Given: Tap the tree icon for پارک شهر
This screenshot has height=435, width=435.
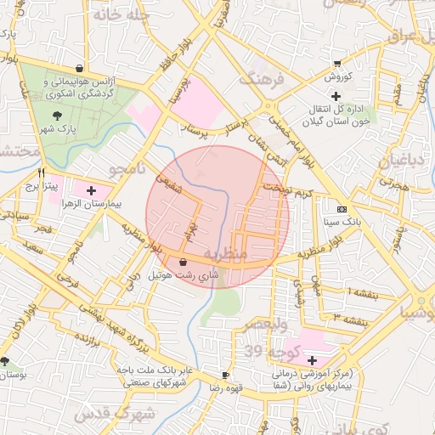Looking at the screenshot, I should pos(57,116).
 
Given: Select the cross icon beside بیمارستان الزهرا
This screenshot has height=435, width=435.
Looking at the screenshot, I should pos(92,191).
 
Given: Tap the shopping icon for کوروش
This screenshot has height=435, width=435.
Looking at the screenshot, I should pos(337,64).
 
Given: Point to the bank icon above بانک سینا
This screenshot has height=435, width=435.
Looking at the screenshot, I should pos(342,209).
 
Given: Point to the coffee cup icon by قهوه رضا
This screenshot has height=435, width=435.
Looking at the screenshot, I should pos(225,375).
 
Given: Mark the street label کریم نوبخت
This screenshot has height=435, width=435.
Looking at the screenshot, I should pos(287,189).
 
